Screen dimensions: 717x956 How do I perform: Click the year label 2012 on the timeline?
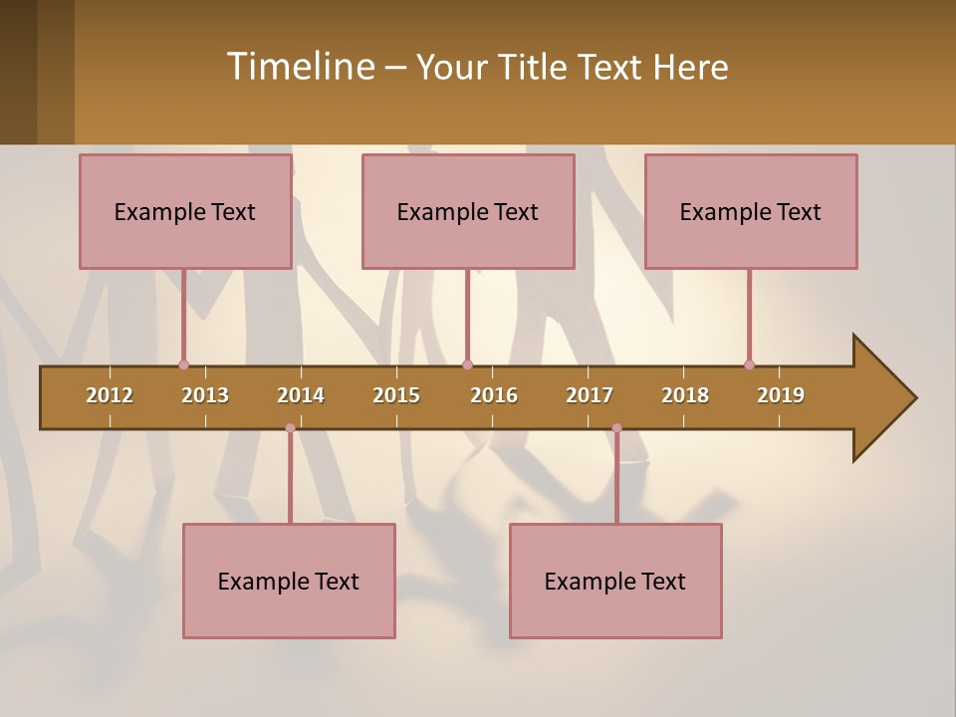tap(110, 395)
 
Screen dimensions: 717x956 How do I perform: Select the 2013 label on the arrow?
tap(205, 395)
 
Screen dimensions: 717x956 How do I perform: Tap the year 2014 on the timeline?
tap(301, 395)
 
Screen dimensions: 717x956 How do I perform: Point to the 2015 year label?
tap(396, 395)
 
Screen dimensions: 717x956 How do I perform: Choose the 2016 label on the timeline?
tap(494, 395)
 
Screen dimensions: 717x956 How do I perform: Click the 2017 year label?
tap(590, 395)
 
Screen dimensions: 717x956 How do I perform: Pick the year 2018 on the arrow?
tap(685, 395)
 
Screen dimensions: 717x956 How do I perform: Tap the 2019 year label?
tap(781, 395)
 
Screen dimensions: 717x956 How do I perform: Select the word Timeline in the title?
tap(299, 67)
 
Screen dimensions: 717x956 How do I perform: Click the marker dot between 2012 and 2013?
tap(183, 364)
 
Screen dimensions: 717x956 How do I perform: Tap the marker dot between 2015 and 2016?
tap(467, 364)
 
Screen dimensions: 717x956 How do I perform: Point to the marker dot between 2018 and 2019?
tap(749, 364)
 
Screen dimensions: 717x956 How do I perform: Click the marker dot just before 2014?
tap(290, 428)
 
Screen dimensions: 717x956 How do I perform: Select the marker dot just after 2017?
tap(616, 428)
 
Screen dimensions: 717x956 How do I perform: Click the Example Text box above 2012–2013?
tap(185, 211)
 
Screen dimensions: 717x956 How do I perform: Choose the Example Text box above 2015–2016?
tap(468, 211)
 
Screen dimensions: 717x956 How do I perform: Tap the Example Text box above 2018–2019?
tap(751, 211)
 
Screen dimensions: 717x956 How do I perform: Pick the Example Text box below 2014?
tap(289, 581)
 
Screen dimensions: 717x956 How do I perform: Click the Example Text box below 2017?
tap(615, 581)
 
